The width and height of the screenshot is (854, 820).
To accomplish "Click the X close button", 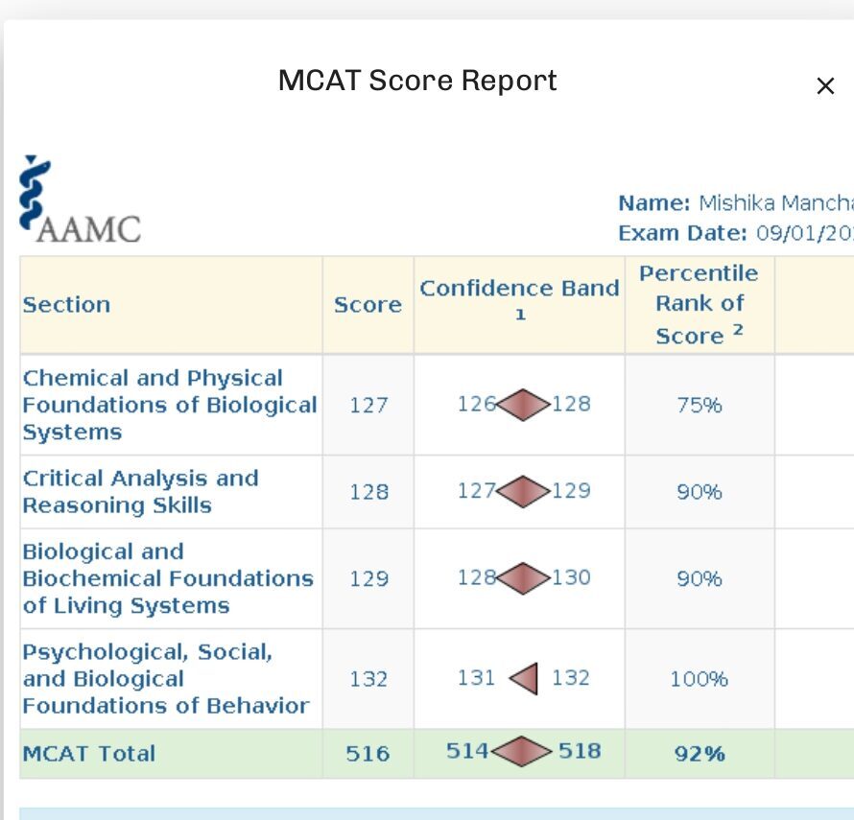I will pos(824,86).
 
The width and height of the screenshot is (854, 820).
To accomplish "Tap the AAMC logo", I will pos(79,200).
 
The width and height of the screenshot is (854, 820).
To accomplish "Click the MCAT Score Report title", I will pos(417,81).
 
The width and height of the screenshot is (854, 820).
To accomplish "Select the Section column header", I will pos(66,305).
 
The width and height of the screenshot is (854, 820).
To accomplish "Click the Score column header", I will pos(368,305).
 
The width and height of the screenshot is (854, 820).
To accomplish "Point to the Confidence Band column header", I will pos(519,290).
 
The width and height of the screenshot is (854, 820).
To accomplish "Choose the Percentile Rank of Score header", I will pos(699,304).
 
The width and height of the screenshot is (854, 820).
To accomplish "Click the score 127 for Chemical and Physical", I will pos(368,405).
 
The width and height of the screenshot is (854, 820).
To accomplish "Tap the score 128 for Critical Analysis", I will pos(368,492).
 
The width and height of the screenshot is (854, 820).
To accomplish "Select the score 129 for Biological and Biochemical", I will pos(368,579).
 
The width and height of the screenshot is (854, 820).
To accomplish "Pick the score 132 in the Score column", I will pos(368,679).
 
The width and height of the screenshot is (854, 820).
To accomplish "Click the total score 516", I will pos(368,754).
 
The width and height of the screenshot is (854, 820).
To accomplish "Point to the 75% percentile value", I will pos(699,405).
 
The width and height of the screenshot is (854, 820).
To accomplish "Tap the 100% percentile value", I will pos(699,679).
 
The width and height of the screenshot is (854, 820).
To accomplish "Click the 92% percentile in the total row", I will pos(699,754).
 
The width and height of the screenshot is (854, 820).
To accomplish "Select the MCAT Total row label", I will pos(88,754).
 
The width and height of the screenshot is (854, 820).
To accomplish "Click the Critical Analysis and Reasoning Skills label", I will pos(140,492).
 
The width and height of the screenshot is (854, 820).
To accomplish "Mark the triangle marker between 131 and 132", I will pos(524,679).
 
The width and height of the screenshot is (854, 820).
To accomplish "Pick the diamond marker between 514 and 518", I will pos(522,752).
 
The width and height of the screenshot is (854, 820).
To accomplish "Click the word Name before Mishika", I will pos(653,203).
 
